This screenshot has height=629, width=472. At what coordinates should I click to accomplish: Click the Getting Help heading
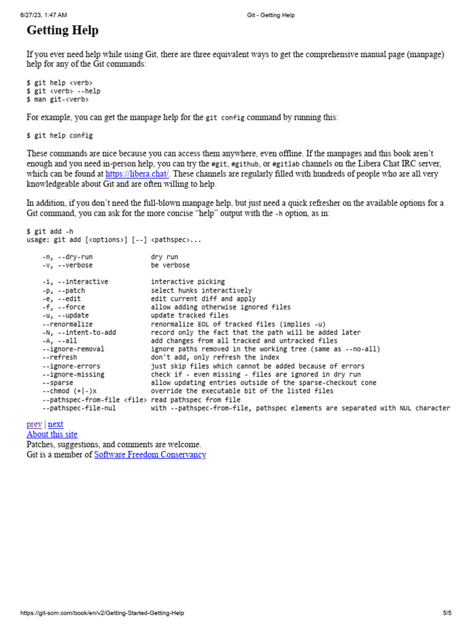(x=62, y=30)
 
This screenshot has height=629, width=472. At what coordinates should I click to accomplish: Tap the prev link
(x=34, y=424)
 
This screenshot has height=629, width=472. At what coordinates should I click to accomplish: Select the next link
(x=55, y=424)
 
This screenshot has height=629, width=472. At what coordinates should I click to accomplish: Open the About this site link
(x=52, y=434)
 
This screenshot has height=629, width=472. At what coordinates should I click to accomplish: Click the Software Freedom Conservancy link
(x=150, y=455)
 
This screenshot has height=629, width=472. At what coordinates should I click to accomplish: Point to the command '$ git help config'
(x=60, y=135)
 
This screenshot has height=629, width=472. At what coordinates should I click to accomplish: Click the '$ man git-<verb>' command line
(x=57, y=99)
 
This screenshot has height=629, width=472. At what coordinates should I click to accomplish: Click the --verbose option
(x=76, y=265)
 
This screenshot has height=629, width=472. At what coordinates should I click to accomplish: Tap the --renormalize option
(x=68, y=324)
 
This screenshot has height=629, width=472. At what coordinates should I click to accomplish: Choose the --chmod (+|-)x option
(x=69, y=391)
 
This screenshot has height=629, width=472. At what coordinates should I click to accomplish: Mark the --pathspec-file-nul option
(x=79, y=408)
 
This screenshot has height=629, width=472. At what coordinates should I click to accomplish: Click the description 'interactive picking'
(x=188, y=282)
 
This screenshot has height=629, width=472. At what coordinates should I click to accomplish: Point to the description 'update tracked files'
(x=190, y=315)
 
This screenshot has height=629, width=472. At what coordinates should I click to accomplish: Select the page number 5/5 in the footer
(x=447, y=613)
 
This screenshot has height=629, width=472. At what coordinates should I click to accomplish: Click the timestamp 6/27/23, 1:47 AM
(x=44, y=15)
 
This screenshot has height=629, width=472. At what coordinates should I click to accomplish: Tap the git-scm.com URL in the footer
(x=102, y=613)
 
